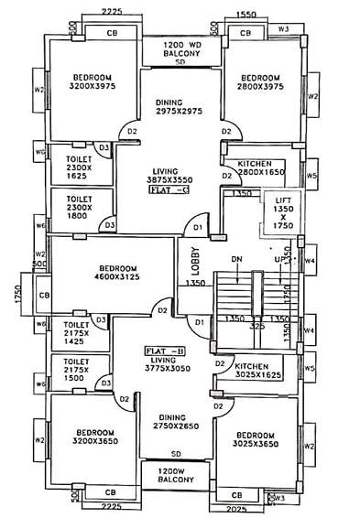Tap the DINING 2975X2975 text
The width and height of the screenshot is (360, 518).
[x=179, y=109]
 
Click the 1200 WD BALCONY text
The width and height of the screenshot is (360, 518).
[x=180, y=50]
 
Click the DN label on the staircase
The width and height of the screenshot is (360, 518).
[x=237, y=259]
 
